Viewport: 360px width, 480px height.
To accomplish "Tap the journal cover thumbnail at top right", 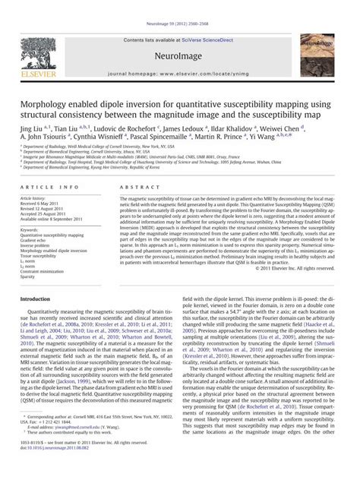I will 325,47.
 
